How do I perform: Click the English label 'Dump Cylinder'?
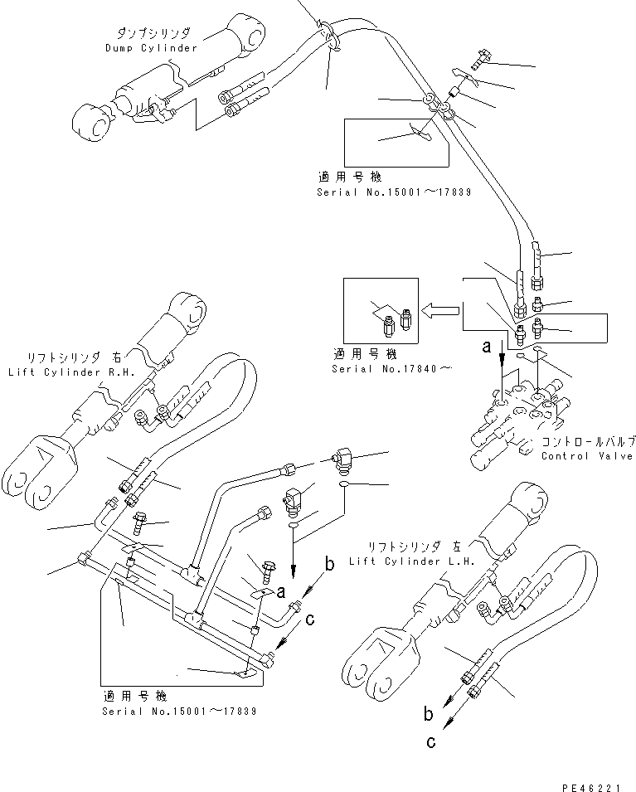pos(151,48)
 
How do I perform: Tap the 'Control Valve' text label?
pos(586,456)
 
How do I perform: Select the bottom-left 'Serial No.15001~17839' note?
pos(179,711)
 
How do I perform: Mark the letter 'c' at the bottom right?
pos(430,742)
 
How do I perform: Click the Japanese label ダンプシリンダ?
pos(153,33)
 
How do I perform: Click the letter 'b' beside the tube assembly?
pos(329,566)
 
